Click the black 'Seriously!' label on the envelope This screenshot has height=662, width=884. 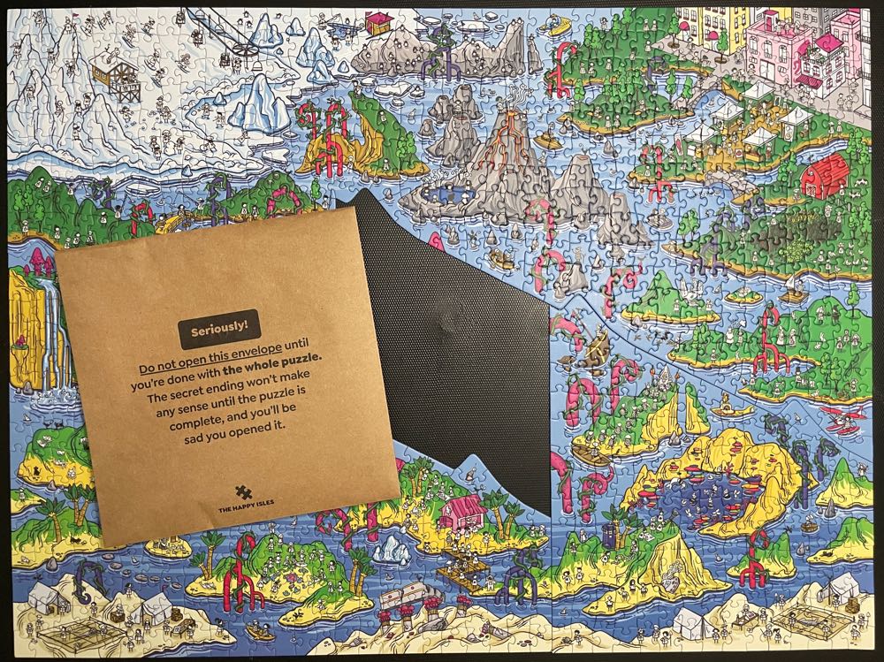(218, 329)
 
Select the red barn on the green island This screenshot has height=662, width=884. (826, 173)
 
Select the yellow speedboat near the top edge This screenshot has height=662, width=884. (560, 26)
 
